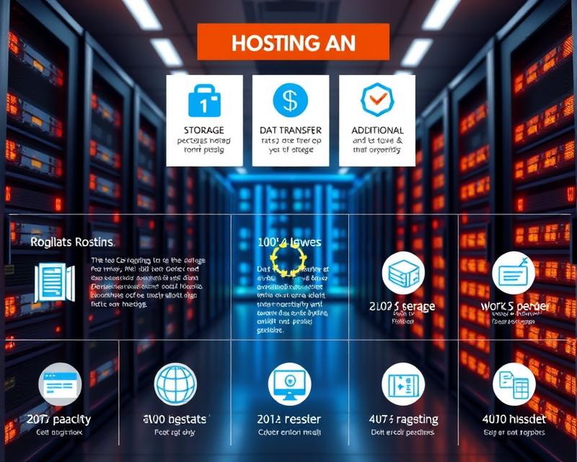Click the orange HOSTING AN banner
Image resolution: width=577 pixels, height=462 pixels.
[x=293, y=42]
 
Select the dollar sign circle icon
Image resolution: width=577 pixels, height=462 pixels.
[x=290, y=100]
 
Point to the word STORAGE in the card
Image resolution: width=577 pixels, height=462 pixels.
[x=204, y=130]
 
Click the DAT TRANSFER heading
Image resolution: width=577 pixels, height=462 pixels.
[x=290, y=130]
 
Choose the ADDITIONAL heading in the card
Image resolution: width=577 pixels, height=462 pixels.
[x=377, y=130]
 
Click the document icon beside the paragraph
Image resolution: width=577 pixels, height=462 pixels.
[x=55, y=282]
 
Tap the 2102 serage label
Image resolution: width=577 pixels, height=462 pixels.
[x=402, y=306]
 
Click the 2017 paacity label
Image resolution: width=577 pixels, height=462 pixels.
[x=59, y=419]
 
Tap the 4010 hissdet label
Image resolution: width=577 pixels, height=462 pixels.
[x=514, y=419]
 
